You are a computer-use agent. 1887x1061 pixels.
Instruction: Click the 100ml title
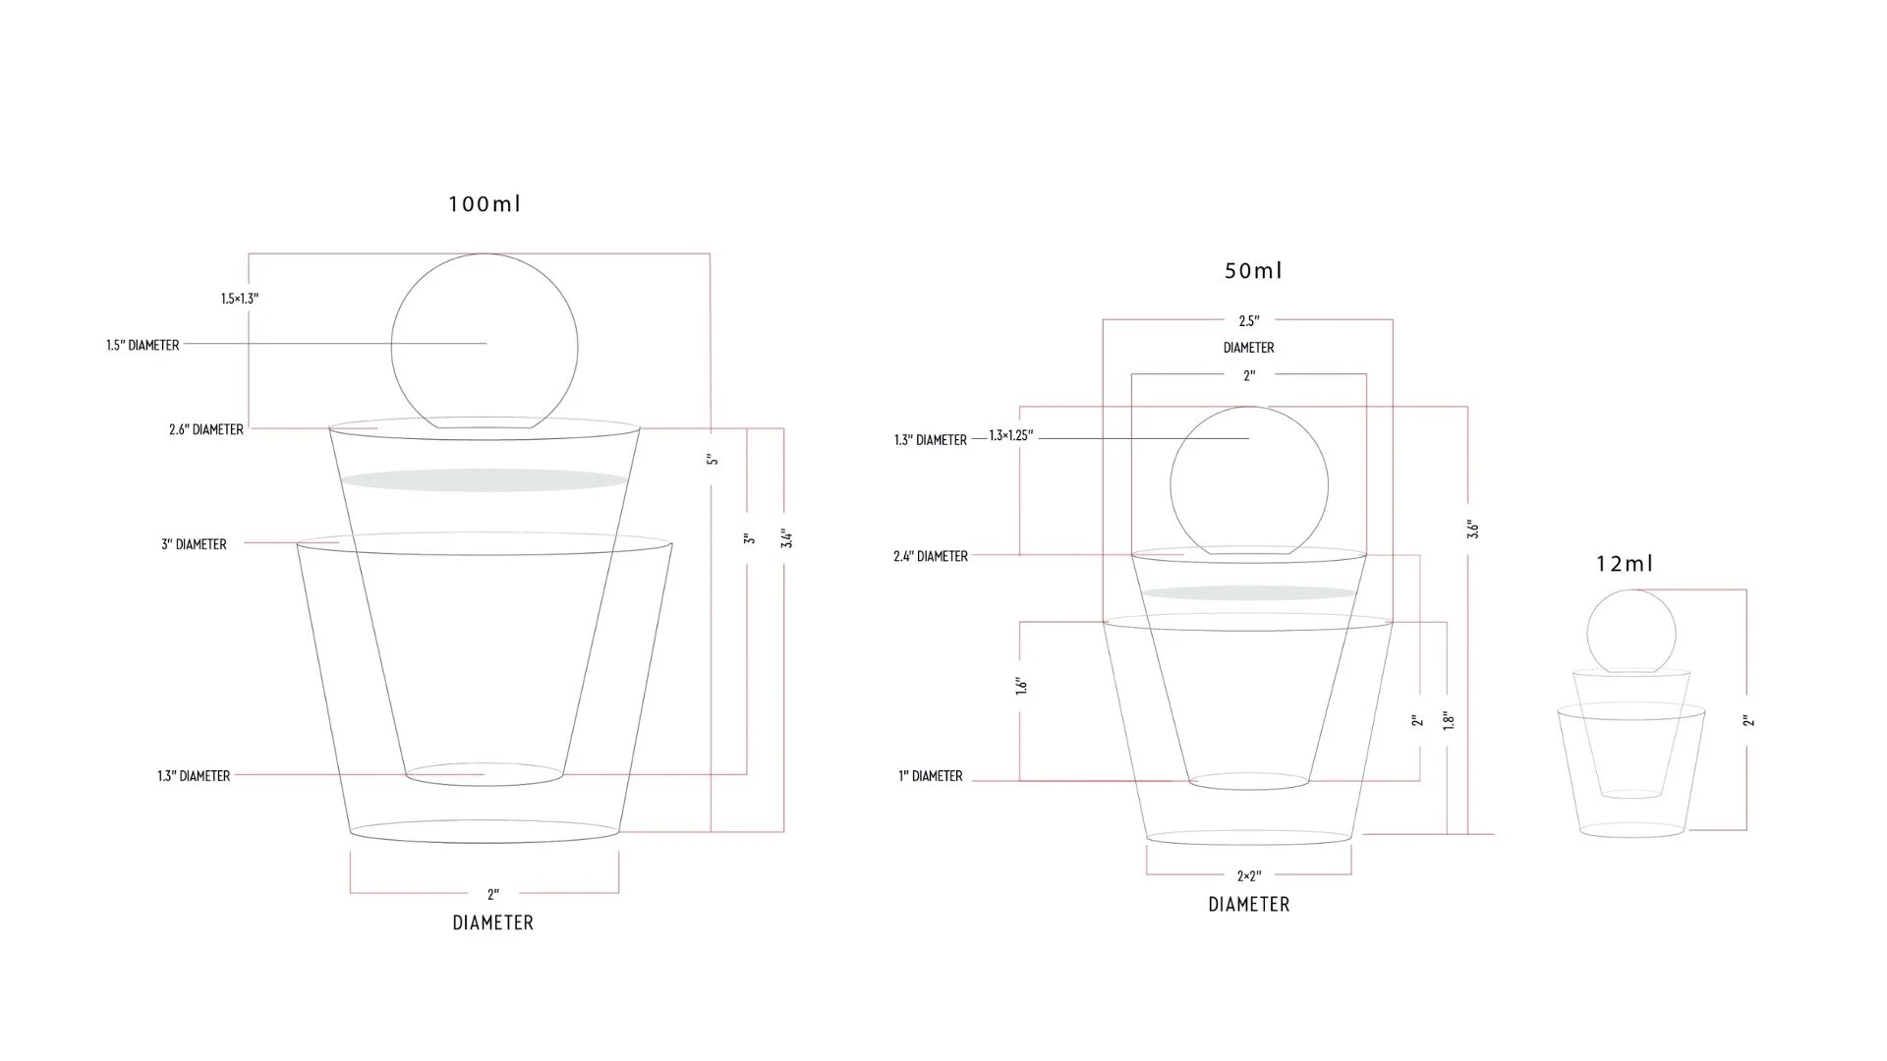(x=485, y=204)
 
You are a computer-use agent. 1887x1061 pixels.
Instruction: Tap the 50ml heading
(x=1253, y=270)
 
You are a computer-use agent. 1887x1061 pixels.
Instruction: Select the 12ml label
(x=1625, y=564)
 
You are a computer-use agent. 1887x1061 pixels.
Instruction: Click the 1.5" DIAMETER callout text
(x=143, y=346)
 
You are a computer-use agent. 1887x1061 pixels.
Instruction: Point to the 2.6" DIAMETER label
(x=206, y=429)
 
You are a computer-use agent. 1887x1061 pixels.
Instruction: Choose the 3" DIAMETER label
(x=194, y=544)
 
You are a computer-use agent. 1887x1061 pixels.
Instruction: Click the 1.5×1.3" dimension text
(x=240, y=299)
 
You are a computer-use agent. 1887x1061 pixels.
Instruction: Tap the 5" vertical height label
(x=713, y=459)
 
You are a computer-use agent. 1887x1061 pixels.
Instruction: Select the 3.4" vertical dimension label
(x=786, y=538)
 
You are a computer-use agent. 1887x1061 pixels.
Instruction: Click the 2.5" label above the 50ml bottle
(x=1249, y=321)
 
